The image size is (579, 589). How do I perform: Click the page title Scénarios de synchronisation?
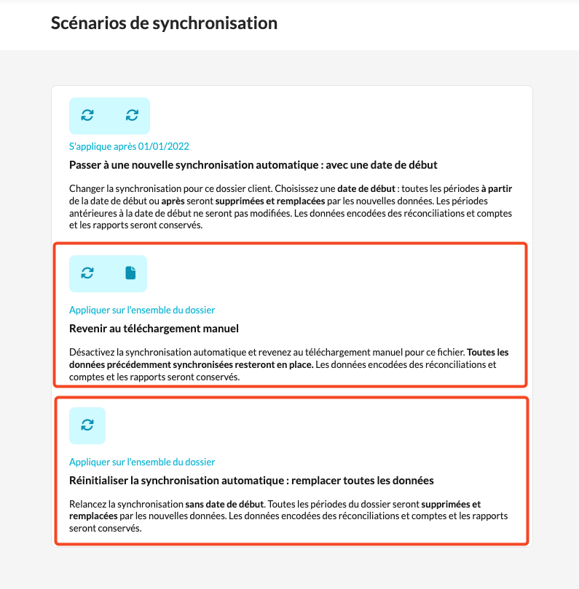coord(164,23)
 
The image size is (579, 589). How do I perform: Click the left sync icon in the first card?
coord(87,115)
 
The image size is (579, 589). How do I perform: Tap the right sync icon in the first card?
coord(132,115)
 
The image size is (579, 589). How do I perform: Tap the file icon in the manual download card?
coord(130,273)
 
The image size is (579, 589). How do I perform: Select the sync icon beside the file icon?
coord(87,273)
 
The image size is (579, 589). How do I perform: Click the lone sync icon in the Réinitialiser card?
coord(87,425)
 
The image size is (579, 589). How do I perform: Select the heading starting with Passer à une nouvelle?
coord(253,165)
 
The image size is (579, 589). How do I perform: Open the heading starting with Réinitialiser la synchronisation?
coord(251,481)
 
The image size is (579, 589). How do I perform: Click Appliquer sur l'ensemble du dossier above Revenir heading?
coord(142,310)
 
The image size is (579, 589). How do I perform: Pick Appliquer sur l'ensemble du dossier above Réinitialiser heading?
coord(142,462)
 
